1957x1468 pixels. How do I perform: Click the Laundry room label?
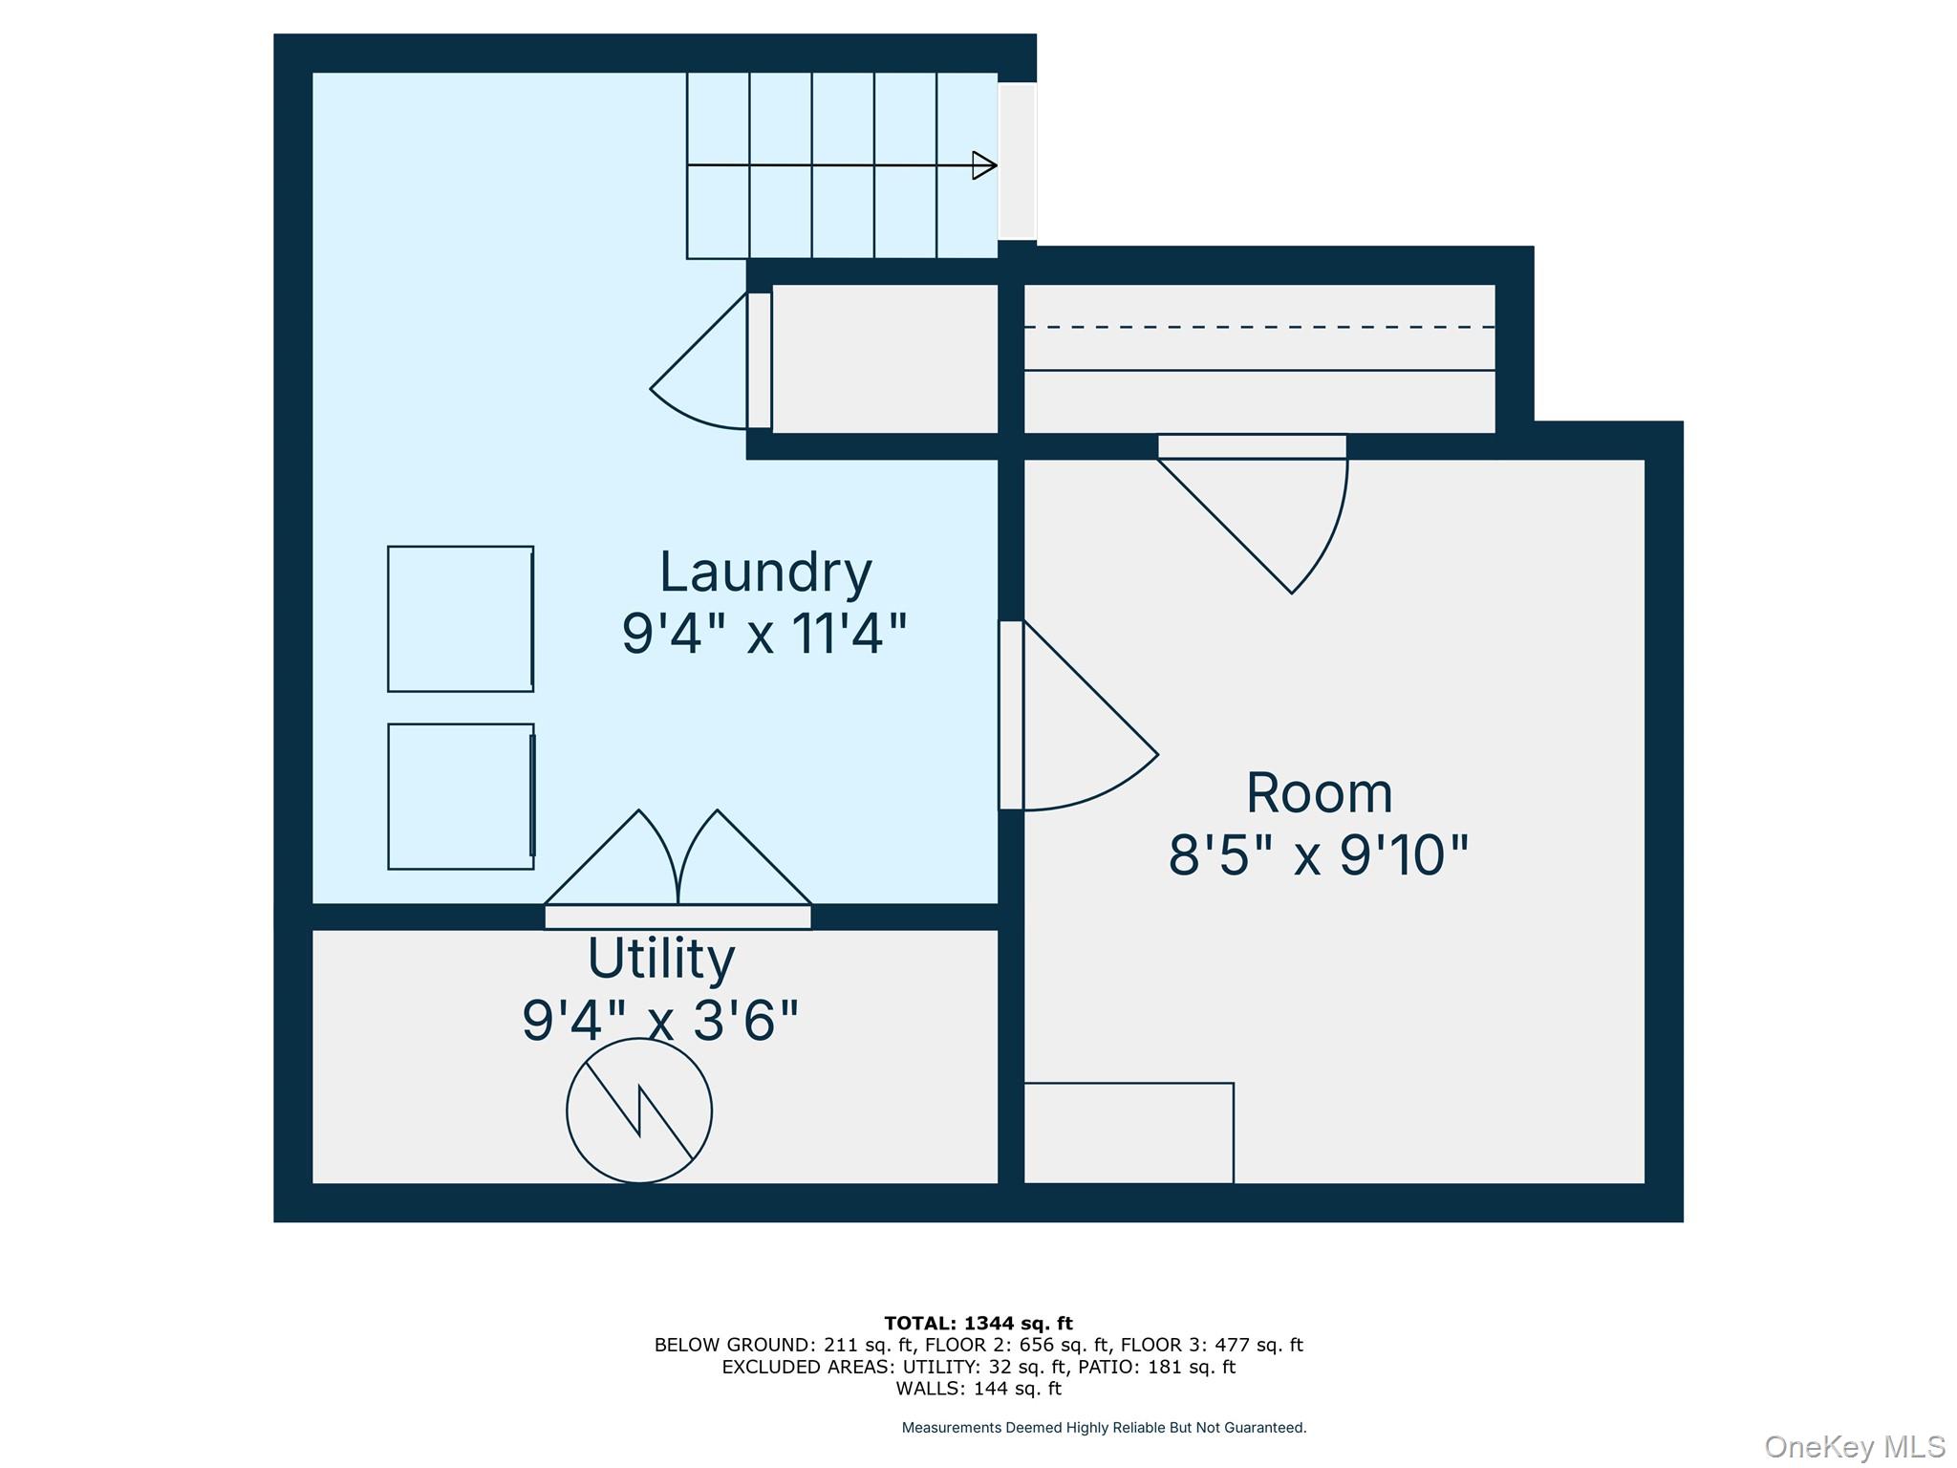[765, 573]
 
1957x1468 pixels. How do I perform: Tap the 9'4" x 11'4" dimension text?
[764, 634]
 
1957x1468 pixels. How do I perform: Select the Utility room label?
[661, 959]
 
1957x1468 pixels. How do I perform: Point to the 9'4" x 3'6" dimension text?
[660, 1020]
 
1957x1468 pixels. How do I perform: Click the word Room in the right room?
[1319, 793]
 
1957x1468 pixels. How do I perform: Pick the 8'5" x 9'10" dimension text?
[1319, 854]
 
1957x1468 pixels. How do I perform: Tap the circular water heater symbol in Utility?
[639, 1111]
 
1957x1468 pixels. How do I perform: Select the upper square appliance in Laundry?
[461, 618]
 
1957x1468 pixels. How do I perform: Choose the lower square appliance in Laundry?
[461, 796]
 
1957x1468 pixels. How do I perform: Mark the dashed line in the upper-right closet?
[1259, 327]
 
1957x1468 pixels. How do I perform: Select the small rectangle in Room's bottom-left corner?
[1129, 1133]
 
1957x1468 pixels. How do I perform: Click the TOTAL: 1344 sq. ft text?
[978, 1324]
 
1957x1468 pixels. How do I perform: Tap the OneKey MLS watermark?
[1855, 1446]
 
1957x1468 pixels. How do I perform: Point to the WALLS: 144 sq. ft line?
[978, 1389]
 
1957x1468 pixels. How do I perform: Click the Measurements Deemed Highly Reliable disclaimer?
[1104, 1428]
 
